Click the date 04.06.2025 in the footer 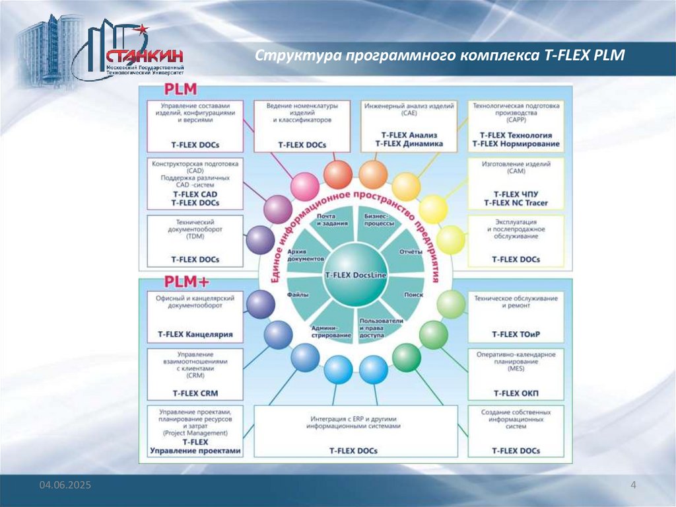tap(65, 486)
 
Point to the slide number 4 tap(633, 487)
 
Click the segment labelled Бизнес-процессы tap(379, 220)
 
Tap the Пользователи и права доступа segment tap(381, 327)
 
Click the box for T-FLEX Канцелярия tap(195, 316)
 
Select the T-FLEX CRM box tap(195, 373)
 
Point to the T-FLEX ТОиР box tap(516, 316)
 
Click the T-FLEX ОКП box tap(516, 373)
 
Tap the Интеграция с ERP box tap(356, 430)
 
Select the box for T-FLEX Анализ tap(409, 126)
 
